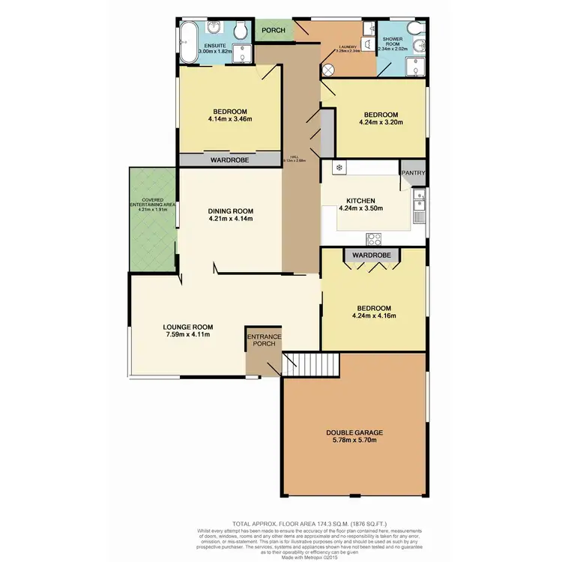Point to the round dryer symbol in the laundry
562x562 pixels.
point(328,68)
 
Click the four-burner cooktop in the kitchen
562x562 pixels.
point(373,239)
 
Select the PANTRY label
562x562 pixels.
point(413,173)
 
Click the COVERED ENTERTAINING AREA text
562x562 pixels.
point(152,204)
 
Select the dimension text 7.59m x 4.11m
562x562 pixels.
point(189,335)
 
